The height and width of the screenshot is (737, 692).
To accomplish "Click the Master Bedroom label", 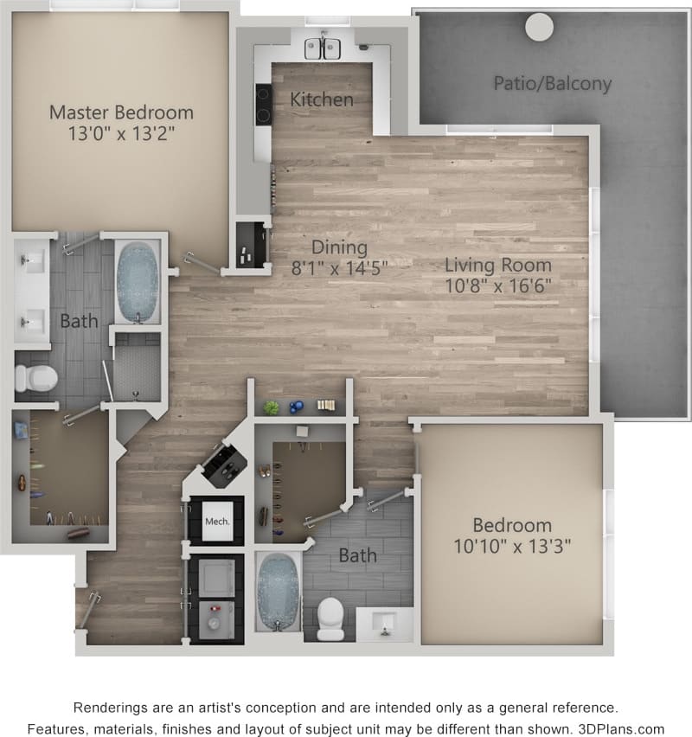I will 121,112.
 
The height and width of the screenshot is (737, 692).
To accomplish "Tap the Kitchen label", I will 322,99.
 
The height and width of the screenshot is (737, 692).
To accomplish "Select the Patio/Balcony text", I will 553,84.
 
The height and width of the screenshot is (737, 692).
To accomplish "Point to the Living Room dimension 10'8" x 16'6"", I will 498,284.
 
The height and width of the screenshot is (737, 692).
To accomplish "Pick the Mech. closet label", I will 216,522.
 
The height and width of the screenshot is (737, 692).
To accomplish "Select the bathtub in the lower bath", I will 278,592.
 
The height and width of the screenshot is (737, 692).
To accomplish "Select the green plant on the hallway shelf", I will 272,407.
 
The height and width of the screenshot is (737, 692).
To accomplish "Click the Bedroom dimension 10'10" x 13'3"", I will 512,546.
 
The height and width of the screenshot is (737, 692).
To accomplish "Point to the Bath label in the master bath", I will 79,322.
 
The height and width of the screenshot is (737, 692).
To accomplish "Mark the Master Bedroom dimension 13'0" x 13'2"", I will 121,135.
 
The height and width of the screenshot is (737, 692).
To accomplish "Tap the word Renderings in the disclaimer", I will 112,707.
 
